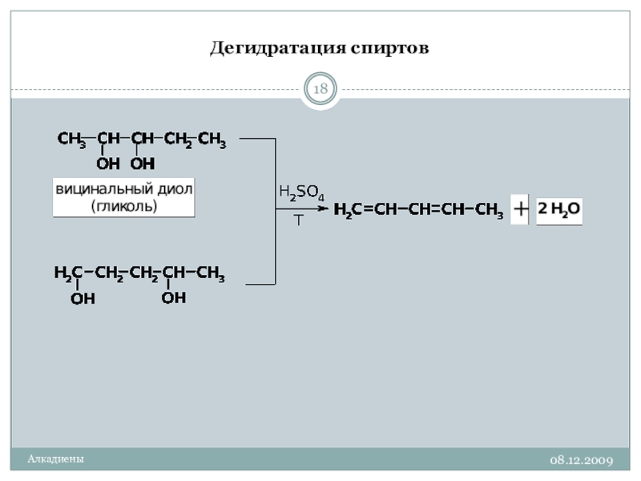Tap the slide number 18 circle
pos(320,89)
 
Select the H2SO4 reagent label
pos(300,193)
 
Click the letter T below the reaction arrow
pos(298,220)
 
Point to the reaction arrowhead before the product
pos(323,209)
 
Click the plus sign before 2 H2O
pos(520,210)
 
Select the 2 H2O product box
pos(559,210)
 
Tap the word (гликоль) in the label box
pos(124,206)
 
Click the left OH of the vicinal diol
pos(108,164)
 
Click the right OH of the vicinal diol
pos(143,164)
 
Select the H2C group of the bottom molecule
pos(68,274)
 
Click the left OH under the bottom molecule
pos(83,299)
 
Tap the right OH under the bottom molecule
pos(174,297)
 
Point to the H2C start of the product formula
pos(347,211)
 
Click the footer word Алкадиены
pos(55,459)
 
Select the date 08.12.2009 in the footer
pos(581,460)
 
